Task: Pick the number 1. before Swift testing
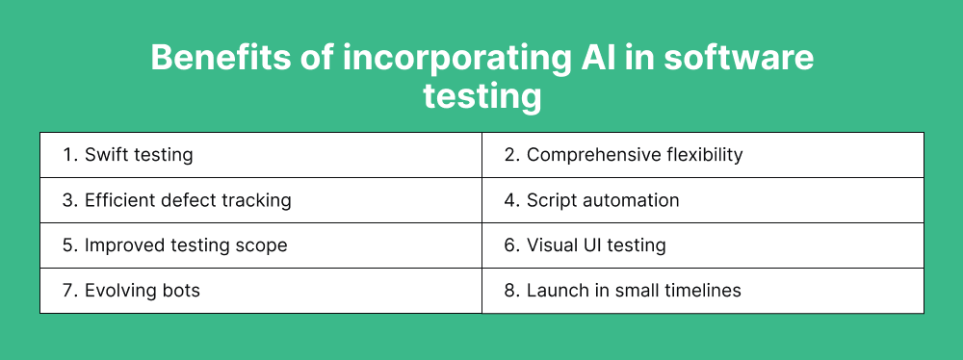[x=69, y=154]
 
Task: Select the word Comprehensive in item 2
[x=589, y=154]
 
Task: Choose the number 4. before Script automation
[x=512, y=199]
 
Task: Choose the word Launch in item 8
[x=555, y=290]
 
